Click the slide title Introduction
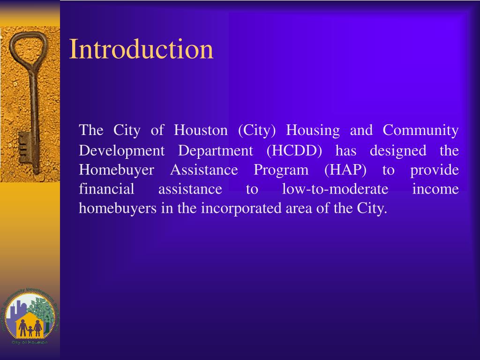[141, 49]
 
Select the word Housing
[313, 130]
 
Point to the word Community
[420, 130]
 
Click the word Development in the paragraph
[121, 151]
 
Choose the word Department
[215, 151]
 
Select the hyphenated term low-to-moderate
[335, 189]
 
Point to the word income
[435, 189]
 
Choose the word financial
[106, 189]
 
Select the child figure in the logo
[30, 331]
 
